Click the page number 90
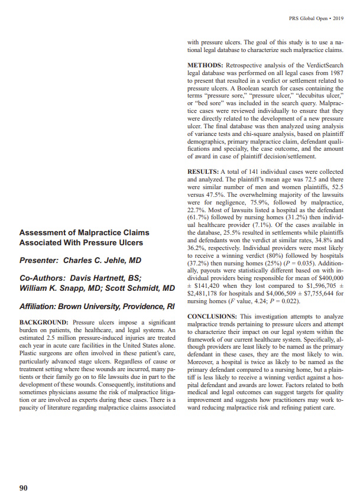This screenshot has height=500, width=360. (x=24, y=471)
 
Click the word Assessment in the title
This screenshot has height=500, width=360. (x=47, y=232)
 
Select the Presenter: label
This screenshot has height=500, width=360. (x=40, y=260)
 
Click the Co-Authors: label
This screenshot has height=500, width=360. (x=44, y=277)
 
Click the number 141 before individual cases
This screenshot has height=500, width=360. (x=251, y=172)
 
